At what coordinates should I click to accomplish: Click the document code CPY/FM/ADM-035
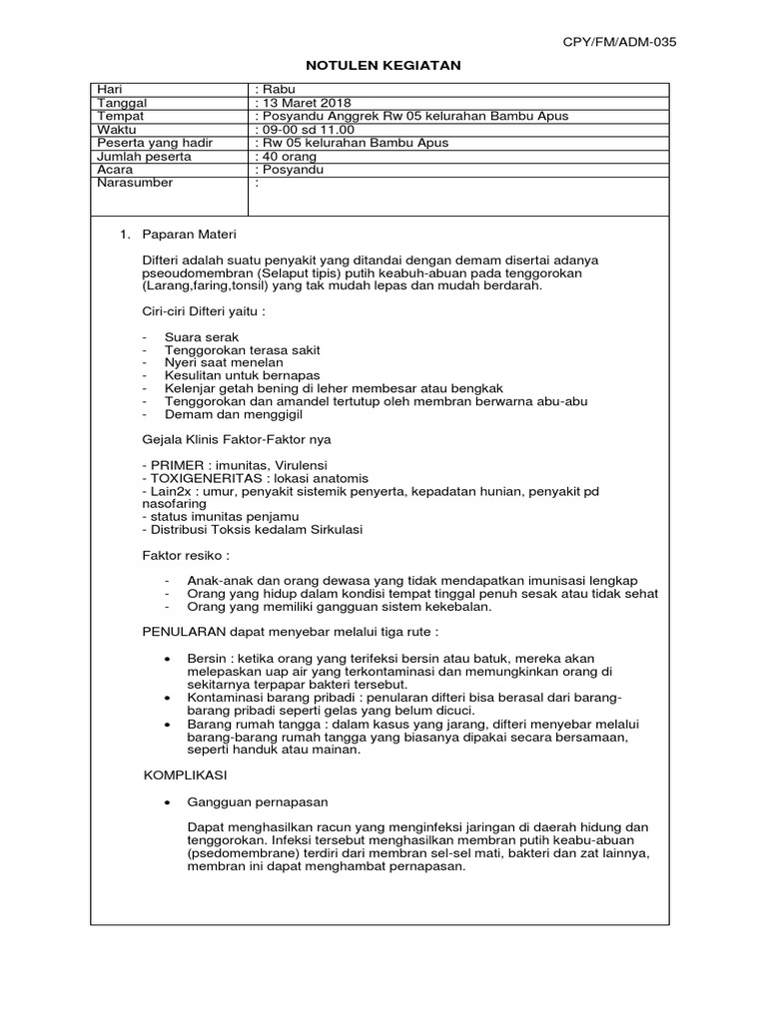point(620,42)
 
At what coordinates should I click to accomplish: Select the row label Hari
point(108,89)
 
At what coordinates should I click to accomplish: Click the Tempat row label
point(120,116)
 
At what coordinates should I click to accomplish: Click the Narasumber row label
point(134,183)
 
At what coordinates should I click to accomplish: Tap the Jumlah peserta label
point(143,156)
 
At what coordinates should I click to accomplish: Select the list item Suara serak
point(202,337)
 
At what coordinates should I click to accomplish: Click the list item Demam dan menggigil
point(226,413)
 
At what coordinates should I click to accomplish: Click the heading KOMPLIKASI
point(187,774)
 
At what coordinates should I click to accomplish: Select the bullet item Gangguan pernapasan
point(258,801)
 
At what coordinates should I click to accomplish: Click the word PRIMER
point(177,465)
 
